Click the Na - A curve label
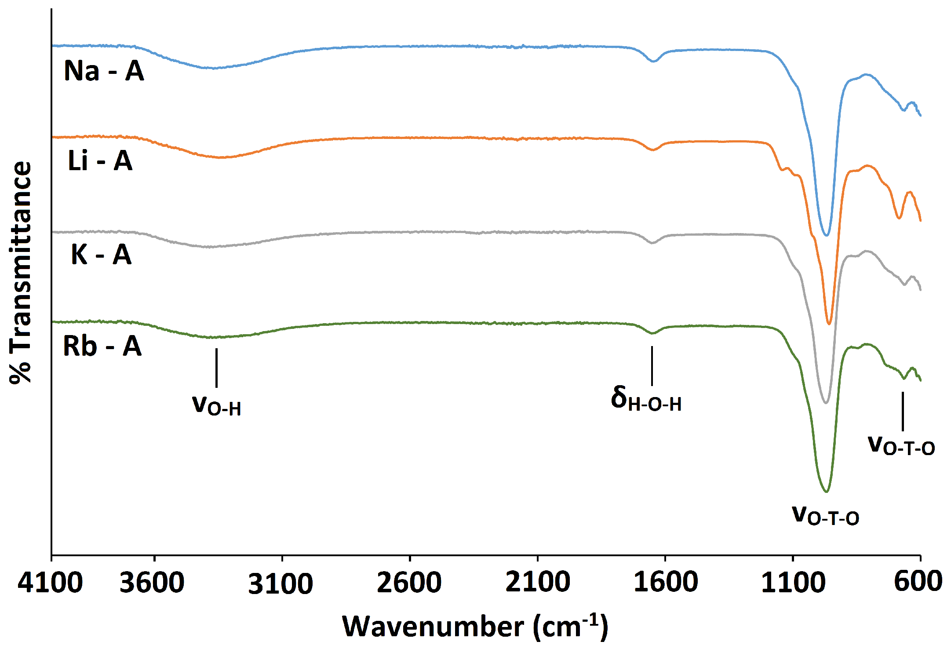[104, 71]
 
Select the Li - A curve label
[100, 161]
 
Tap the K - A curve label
[101, 255]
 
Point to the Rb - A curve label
[102, 346]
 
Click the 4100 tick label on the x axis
[50, 583]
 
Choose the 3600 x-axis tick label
[152, 583]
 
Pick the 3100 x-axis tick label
[281, 583]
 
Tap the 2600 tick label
[409, 583]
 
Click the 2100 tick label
[538, 583]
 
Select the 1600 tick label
[666, 583]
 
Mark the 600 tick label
[918, 582]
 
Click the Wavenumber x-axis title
[475, 626]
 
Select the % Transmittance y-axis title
[21, 273]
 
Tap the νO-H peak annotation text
[217, 405]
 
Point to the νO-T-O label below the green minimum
[826, 515]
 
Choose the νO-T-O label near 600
[901, 445]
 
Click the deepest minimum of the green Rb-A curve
[827, 492]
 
